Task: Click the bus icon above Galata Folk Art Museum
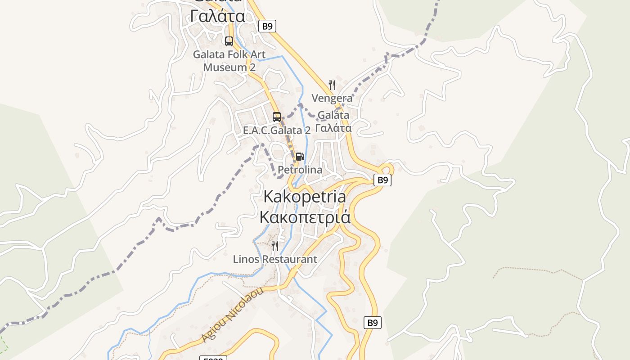click(x=229, y=41)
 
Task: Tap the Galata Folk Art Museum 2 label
click(x=229, y=61)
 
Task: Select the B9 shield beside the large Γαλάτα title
click(x=267, y=26)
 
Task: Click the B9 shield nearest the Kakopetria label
click(x=382, y=180)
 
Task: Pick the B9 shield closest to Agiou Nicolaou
click(x=372, y=323)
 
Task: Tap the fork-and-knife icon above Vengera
click(x=332, y=85)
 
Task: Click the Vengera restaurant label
click(x=332, y=98)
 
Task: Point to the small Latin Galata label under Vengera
click(x=333, y=115)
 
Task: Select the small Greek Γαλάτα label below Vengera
click(x=333, y=128)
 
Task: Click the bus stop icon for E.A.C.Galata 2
click(x=277, y=117)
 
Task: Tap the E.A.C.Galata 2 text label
click(x=277, y=130)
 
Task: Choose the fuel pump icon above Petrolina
click(x=300, y=157)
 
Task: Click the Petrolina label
click(x=300, y=170)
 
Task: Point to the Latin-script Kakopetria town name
click(x=305, y=197)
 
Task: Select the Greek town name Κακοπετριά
click(x=305, y=217)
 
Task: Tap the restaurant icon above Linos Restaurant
click(x=275, y=246)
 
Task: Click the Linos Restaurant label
click(x=275, y=260)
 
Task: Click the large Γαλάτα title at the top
click(x=218, y=16)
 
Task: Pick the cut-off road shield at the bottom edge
click(x=213, y=358)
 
